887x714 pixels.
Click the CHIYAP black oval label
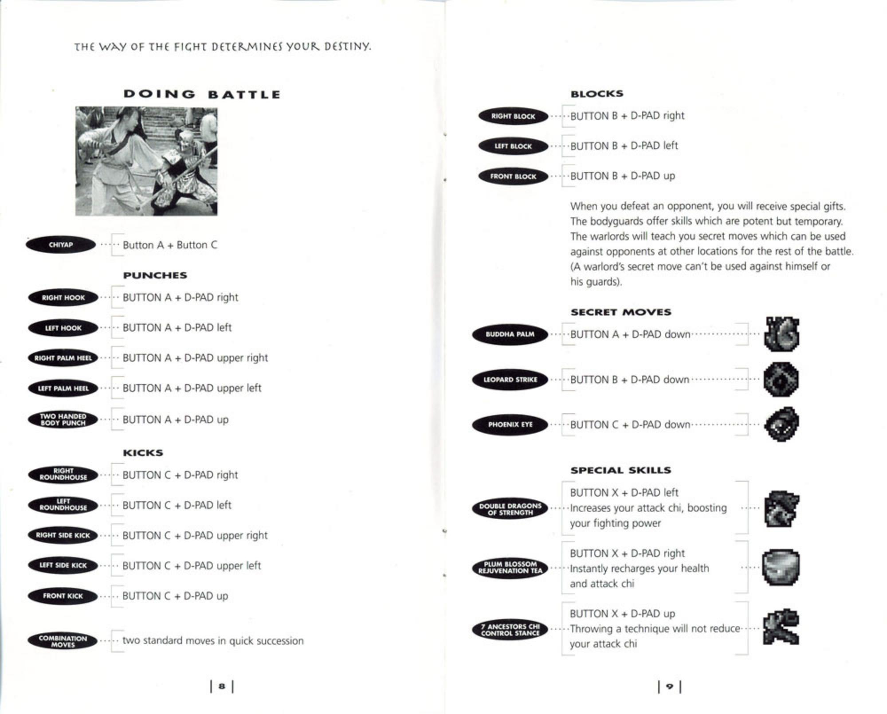point(61,245)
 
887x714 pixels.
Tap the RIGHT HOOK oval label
point(63,298)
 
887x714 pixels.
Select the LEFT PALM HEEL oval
point(63,388)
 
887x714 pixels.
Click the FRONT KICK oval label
point(63,596)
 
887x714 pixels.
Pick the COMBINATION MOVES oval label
point(63,641)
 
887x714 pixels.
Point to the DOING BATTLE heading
point(202,94)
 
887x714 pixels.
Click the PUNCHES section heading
point(155,275)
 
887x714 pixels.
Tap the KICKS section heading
point(143,453)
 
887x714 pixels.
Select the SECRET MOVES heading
point(621,312)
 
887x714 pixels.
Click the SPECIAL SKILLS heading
point(621,470)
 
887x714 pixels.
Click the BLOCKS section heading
point(597,94)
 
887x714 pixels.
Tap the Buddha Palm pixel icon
point(781,334)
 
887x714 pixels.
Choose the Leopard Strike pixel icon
point(781,379)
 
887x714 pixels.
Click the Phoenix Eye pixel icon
point(781,424)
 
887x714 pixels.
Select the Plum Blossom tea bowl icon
point(781,568)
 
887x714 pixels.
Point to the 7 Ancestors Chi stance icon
point(781,627)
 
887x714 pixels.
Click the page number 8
point(222,687)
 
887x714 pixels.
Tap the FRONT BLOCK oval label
point(513,177)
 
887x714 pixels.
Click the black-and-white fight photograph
point(146,161)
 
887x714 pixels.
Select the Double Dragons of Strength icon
point(781,508)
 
